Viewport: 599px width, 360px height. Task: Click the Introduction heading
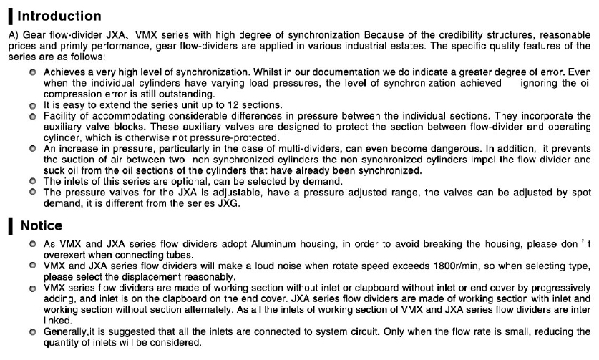(59, 15)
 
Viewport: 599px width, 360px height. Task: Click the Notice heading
(42, 226)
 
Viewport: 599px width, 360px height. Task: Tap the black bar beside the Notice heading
(9, 226)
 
